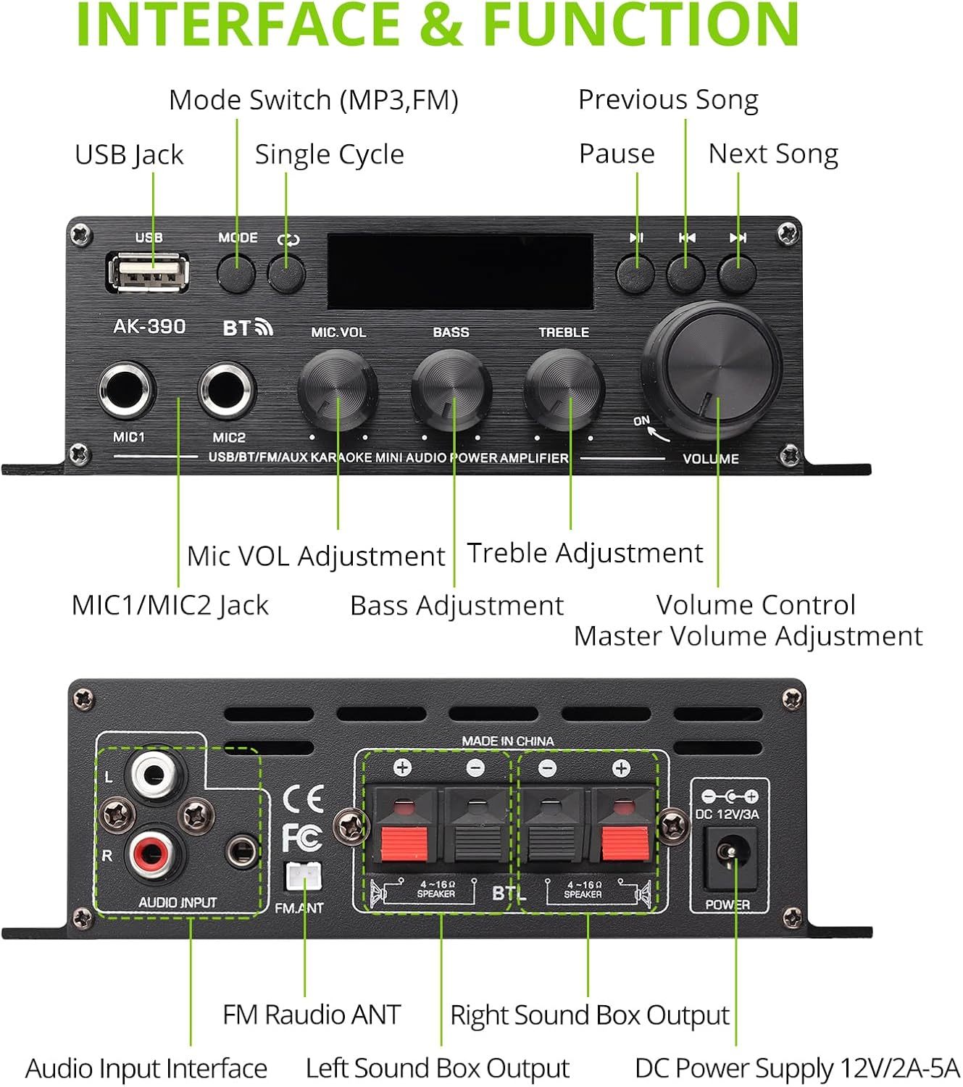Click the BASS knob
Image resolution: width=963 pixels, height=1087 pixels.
[451, 389]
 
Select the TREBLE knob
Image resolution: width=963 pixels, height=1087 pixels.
[564, 389]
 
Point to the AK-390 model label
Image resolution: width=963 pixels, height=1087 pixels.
[149, 327]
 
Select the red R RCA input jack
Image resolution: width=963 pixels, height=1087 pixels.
[154, 853]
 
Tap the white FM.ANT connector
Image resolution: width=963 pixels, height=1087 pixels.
[304, 878]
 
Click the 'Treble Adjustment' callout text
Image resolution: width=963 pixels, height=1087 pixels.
[585, 553]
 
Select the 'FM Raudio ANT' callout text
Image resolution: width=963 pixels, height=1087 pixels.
[312, 1015]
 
